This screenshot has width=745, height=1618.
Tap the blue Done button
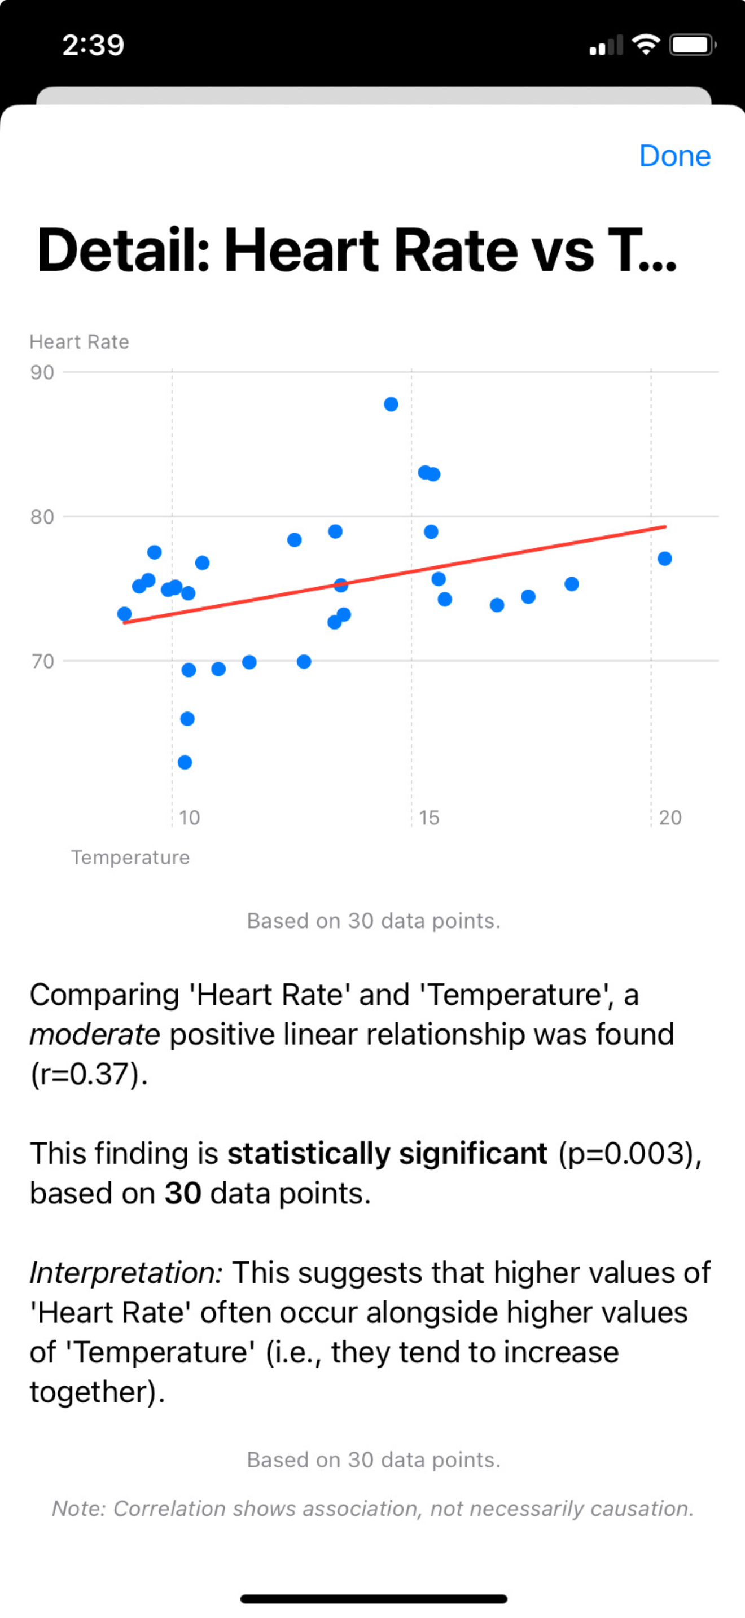[x=674, y=156]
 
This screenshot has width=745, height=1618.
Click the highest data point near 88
[x=391, y=404]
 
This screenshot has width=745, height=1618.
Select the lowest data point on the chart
[x=185, y=762]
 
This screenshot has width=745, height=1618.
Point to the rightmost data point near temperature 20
[x=665, y=559]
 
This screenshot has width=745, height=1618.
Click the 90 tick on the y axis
[x=42, y=372]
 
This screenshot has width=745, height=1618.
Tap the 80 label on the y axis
[x=42, y=517]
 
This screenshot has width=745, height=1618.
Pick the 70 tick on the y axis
[x=42, y=661]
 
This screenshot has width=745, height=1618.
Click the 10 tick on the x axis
[x=189, y=817]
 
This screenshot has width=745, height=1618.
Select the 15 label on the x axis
[x=429, y=817]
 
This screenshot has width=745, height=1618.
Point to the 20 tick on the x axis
[x=669, y=817]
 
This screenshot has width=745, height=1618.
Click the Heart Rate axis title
[x=79, y=342]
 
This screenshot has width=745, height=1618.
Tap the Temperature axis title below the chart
[x=130, y=858]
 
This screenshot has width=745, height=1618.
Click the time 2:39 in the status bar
[x=94, y=45]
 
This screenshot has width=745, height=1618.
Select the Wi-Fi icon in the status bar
[x=645, y=45]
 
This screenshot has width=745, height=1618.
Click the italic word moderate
[x=95, y=1035]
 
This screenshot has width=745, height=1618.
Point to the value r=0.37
[x=88, y=1074]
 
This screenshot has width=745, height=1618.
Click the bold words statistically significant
[x=387, y=1153]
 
